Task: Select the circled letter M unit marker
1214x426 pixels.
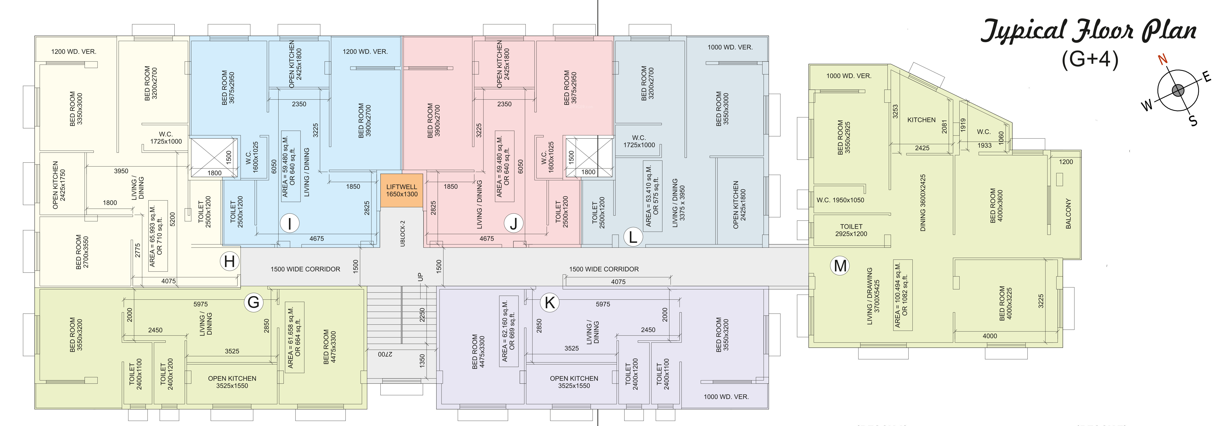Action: click(840, 266)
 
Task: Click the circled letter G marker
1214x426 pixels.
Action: click(254, 302)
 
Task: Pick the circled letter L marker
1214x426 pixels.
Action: click(633, 236)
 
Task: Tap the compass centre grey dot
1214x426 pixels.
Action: click(1178, 90)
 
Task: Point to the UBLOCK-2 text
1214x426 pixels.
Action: click(402, 233)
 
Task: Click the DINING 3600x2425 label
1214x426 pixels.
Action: click(923, 203)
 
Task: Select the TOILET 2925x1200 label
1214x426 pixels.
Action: click(851, 230)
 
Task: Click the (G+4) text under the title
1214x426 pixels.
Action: click(1090, 59)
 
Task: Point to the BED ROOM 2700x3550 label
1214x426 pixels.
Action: click(82, 252)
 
